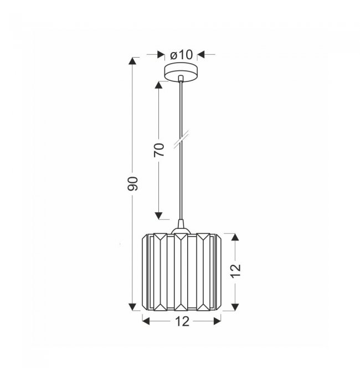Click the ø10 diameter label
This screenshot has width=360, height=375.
click(181, 55)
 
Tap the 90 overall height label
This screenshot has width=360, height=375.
click(132, 184)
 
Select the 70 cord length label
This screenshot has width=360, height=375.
click(159, 150)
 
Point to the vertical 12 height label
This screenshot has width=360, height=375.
click(235, 271)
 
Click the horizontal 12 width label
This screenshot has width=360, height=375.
click(182, 321)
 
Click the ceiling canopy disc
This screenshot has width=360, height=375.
click(181, 72)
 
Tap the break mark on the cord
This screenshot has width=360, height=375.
click(181, 138)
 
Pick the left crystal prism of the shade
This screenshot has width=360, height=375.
click(160, 272)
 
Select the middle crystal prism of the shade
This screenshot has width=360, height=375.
click(181, 272)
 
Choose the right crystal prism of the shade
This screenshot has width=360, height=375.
click(203, 272)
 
